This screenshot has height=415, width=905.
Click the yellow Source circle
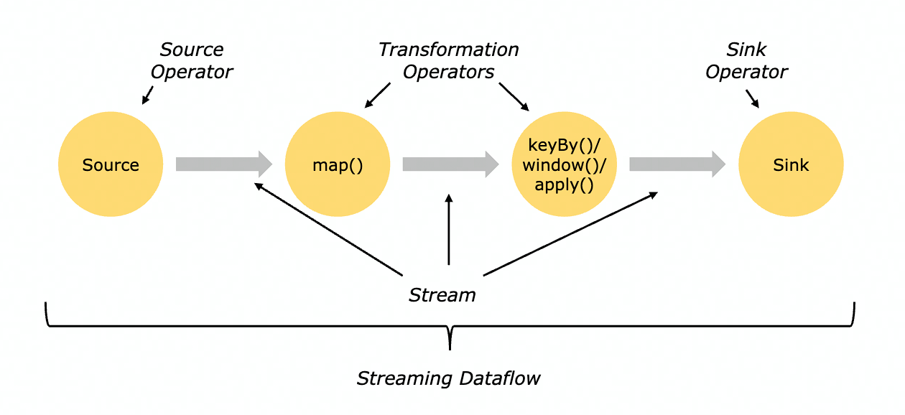(110, 164)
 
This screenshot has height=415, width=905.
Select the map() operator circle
(338, 164)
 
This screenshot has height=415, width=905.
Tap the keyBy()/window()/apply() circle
(565, 164)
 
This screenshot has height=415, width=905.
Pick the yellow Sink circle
(791, 164)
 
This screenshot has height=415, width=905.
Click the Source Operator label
(191, 61)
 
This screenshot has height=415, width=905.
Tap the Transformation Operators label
(448, 61)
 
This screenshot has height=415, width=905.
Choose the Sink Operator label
(746, 61)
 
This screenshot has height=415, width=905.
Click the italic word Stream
(442, 295)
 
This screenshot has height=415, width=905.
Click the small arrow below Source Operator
(148, 95)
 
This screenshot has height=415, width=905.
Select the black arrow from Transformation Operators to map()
(377, 95)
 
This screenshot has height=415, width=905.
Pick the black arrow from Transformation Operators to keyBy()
(514, 97)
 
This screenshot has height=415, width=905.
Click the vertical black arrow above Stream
(450, 230)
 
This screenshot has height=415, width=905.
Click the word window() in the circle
(565, 165)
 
